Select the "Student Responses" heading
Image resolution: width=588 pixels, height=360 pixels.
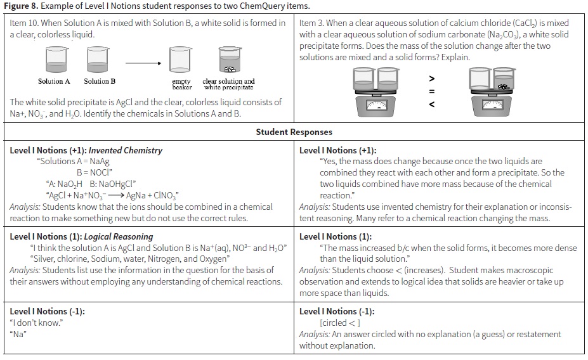coord(294,132)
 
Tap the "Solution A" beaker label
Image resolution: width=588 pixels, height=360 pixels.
coord(54,81)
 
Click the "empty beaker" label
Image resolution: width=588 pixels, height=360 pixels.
coord(181,84)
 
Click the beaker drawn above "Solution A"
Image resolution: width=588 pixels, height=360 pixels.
coord(55,61)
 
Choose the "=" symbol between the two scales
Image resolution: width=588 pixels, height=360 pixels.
coord(432,91)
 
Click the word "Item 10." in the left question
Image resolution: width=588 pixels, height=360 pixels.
coord(26,23)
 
